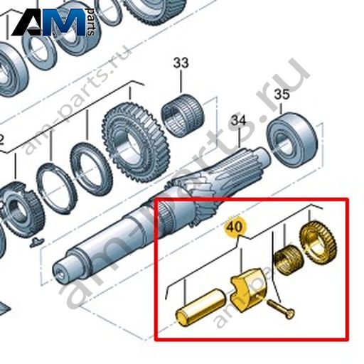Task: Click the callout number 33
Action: click(x=181, y=63)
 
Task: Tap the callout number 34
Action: click(x=239, y=121)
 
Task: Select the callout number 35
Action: click(x=282, y=95)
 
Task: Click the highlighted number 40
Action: click(x=236, y=227)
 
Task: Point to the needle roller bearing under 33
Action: click(x=183, y=115)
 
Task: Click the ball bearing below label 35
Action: click(x=292, y=140)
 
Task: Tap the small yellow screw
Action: click(x=281, y=309)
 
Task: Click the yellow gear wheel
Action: click(x=318, y=242)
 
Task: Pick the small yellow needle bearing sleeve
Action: click(x=288, y=259)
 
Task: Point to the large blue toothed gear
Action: click(x=136, y=141)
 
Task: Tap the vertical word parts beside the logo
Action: click(x=90, y=22)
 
